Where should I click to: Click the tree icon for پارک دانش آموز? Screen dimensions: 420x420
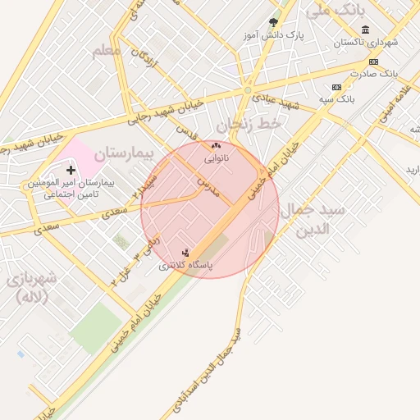(x=273, y=23)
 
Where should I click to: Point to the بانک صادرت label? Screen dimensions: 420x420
(x=395, y=73)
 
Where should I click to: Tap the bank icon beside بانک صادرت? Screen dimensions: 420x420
(x=374, y=62)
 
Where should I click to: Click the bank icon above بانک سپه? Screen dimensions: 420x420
(x=336, y=87)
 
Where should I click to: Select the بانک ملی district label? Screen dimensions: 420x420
(x=335, y=11)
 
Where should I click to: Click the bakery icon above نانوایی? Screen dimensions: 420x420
(x=216, y=145)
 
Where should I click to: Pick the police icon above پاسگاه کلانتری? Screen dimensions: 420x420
(x=185, y=253)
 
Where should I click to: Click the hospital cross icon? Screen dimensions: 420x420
(x=71, y=170)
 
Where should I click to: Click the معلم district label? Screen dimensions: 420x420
(x=107, y=50)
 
